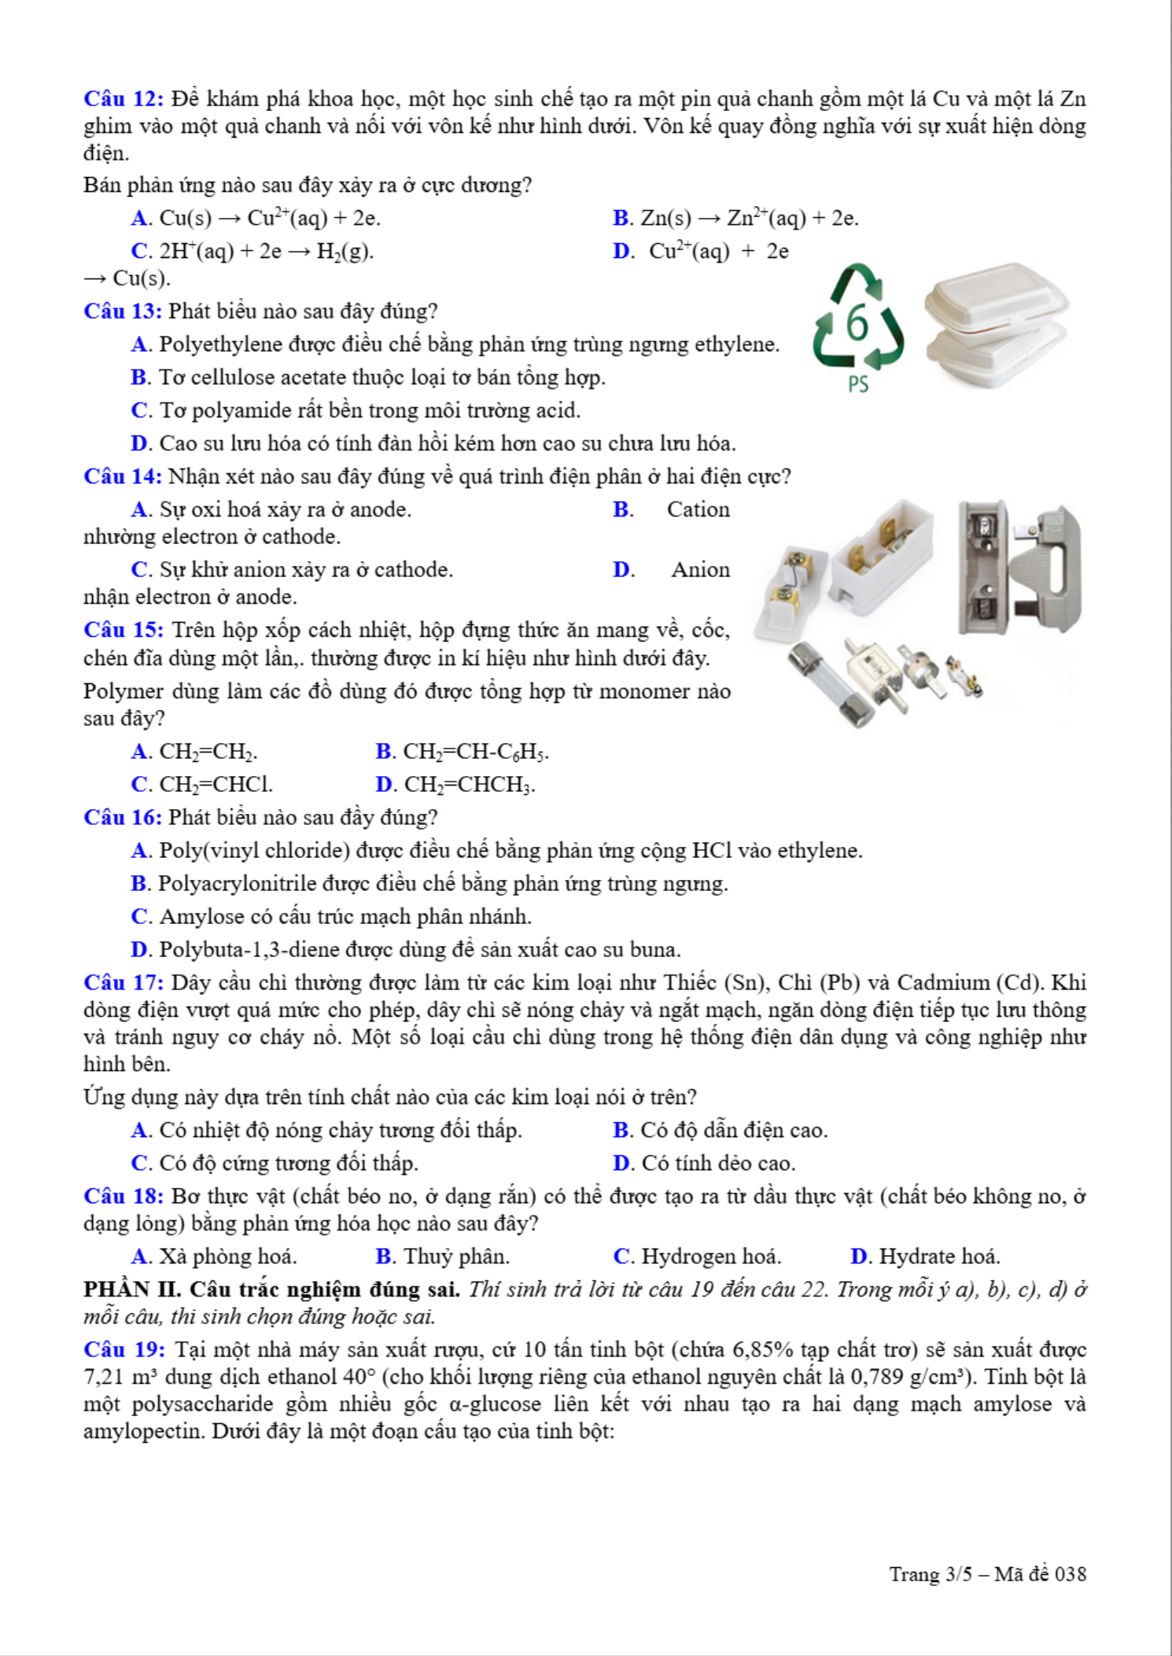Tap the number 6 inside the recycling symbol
[857, 323]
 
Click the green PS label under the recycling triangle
[858, 385]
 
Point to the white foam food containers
[995, 324]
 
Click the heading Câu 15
[123, 631]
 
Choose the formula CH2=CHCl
[216, 785]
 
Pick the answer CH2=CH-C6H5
[475, 752]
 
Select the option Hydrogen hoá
[710, 1257]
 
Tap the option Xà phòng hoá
[227, 1257]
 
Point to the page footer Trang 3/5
[986, 1574]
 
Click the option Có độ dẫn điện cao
[733, 1130]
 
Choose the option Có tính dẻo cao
[718, 1163]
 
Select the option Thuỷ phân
[455, 1257]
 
